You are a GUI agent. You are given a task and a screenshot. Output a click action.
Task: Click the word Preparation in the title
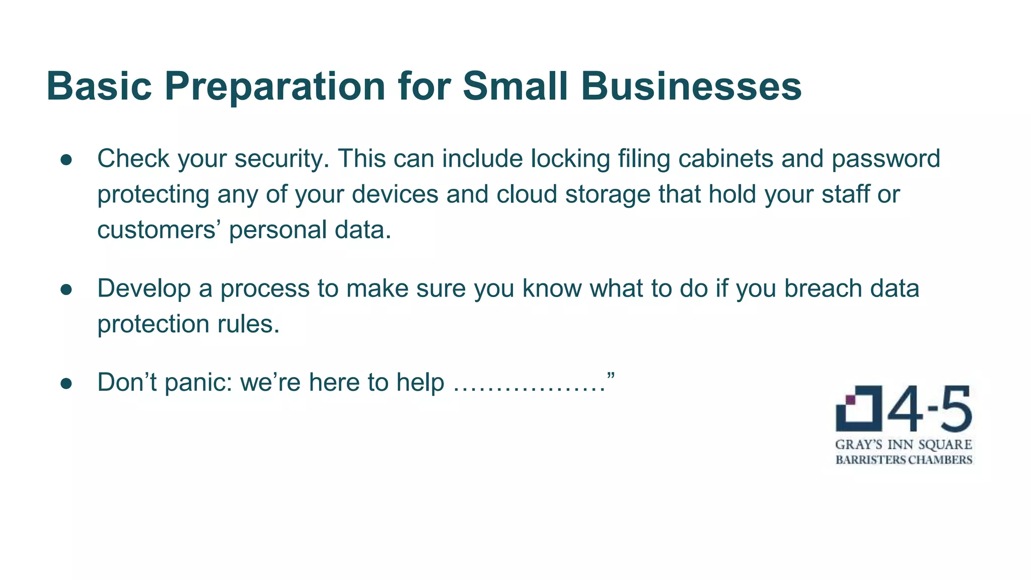coord(275,87)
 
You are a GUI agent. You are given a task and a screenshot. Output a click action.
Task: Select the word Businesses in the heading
coord(691,87)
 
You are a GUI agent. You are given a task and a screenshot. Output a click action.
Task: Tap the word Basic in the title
coord(99,87)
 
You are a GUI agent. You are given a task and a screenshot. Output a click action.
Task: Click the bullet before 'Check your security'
coord(66,160)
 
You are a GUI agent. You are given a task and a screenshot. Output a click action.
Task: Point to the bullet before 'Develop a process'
coord(66,289)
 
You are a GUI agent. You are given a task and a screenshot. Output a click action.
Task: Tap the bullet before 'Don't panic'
coord(66,384)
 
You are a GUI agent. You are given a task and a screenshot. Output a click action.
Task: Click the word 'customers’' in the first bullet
coord(159,231)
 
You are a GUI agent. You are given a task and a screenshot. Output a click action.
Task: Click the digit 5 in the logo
coord(955,408)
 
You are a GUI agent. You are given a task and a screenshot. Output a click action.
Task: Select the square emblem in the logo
coord(858,408)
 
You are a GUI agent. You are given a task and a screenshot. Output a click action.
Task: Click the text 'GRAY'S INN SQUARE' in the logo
coord(904,445)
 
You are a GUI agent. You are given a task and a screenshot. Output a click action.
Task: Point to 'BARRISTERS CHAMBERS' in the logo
coord(904,460)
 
